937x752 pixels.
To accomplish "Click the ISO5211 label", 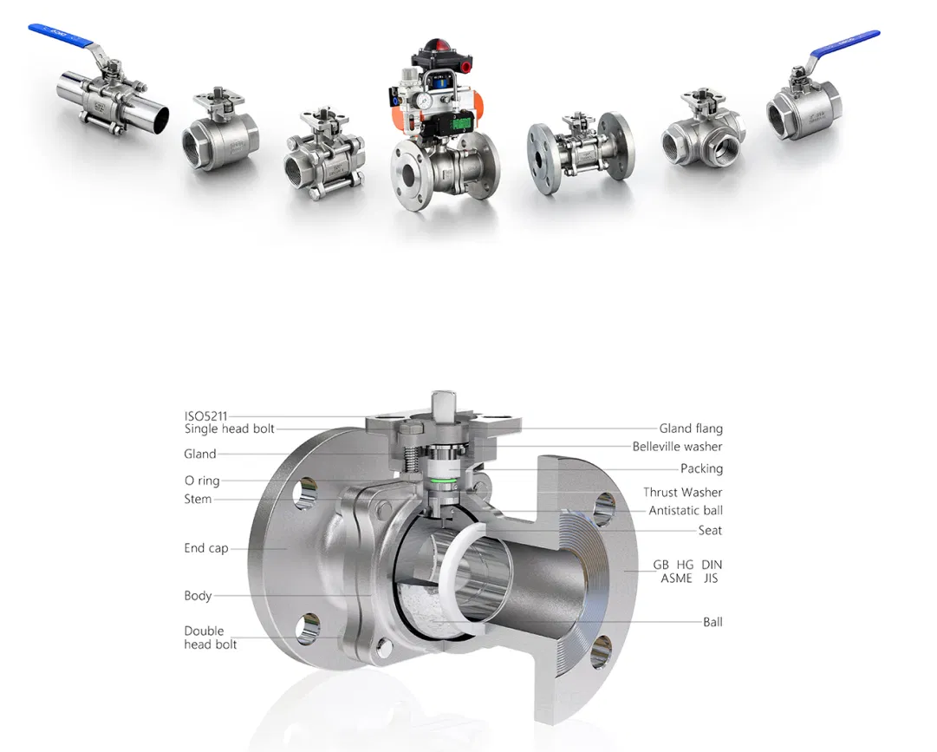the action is pos(205,416).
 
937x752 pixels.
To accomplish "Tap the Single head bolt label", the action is pos(230,428).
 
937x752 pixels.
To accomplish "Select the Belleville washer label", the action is pos(678,447).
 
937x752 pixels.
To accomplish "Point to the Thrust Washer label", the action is pos(682,492).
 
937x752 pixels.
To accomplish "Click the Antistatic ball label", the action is pos(686,511).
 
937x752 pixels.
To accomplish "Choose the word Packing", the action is pos(701,468).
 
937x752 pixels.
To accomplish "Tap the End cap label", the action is pos(206,548).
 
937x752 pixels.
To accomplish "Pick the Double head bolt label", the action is pos(211,638).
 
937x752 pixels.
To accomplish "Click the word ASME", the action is pos(676,578).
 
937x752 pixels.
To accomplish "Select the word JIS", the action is pos(711,578).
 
